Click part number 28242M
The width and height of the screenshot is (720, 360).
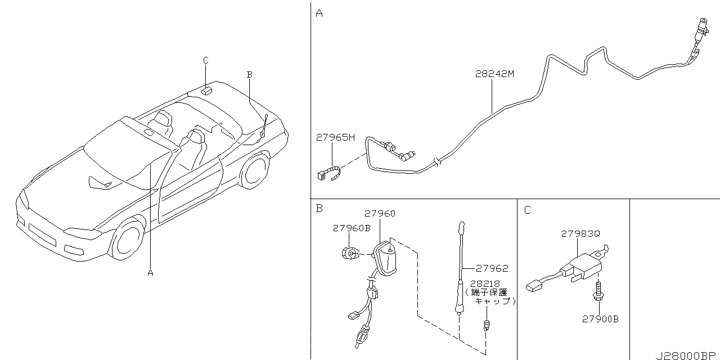[x=494, y=74]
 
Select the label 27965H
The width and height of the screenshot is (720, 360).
[x=335, y=138]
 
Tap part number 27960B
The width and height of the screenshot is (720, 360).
[x=352, y=228]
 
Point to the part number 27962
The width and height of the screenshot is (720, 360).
[x=492, y=268]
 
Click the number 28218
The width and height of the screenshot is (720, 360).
[x=485, y=284]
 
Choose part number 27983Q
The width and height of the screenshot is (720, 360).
[x=580, y=234]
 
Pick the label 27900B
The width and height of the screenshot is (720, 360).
[x=600, y=319]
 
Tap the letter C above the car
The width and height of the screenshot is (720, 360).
[x=206, y=60]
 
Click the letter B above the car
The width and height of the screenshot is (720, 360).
[x=249, y=75]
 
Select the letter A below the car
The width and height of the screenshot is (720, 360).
[x=150, y=273]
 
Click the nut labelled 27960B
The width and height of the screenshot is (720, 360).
[x=349, y=253]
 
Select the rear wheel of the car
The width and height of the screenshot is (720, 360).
[x=255, y=170]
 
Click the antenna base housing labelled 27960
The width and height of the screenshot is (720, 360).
[x=386, y=259]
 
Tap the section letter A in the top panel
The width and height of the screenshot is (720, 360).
[x=319, y=13]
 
